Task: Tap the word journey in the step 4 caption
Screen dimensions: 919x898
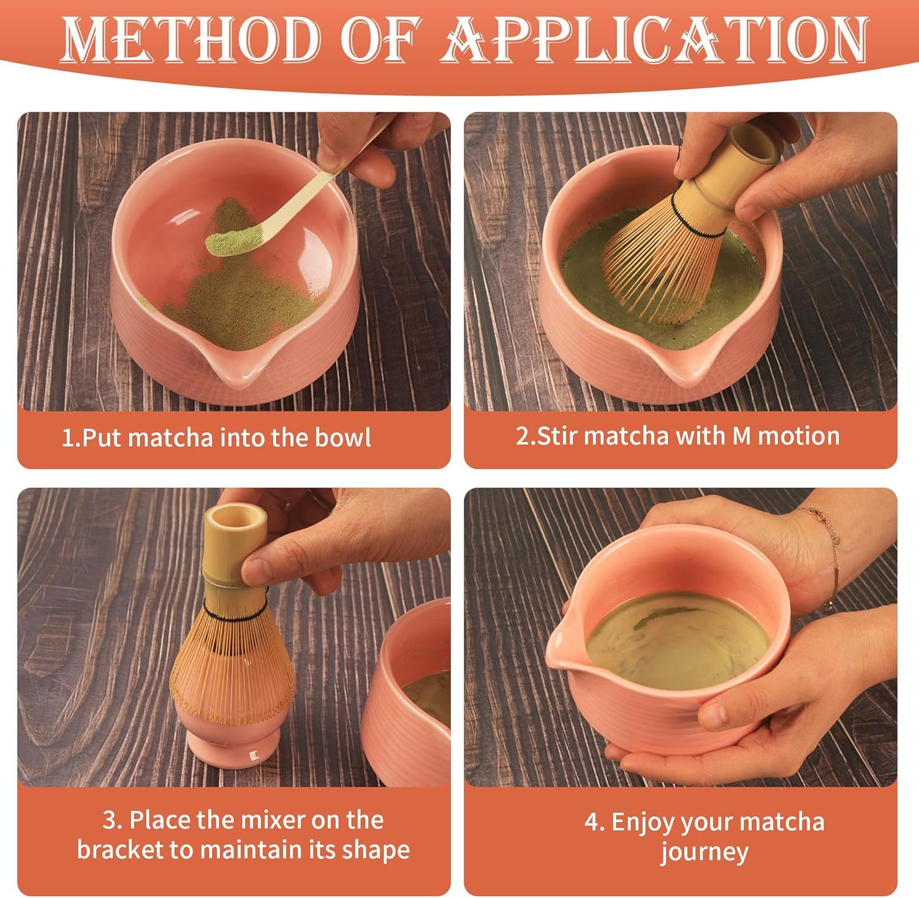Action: pyautogui.click(x=705, y=852)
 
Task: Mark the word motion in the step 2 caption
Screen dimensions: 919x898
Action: pyautogui.click(x=799, y=436)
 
